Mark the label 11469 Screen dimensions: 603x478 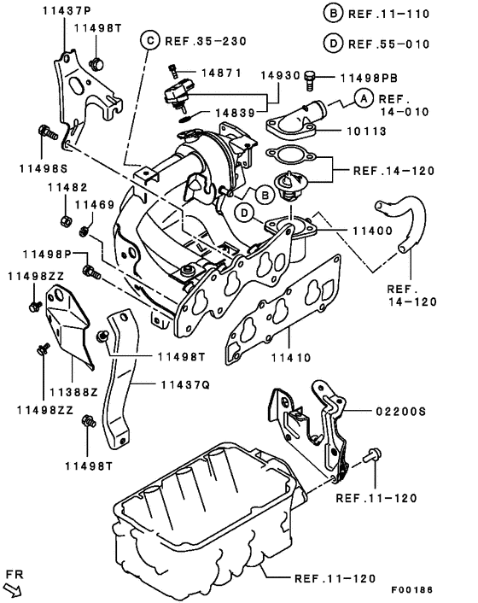pyautogui.click(x=95, y=205)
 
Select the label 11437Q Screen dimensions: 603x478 pyautogui.click(x=184, y=385)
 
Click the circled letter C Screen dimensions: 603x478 pyautogui.click(x=149, y=39)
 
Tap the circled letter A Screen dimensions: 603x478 pyautogui.click(x=363, y=99)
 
